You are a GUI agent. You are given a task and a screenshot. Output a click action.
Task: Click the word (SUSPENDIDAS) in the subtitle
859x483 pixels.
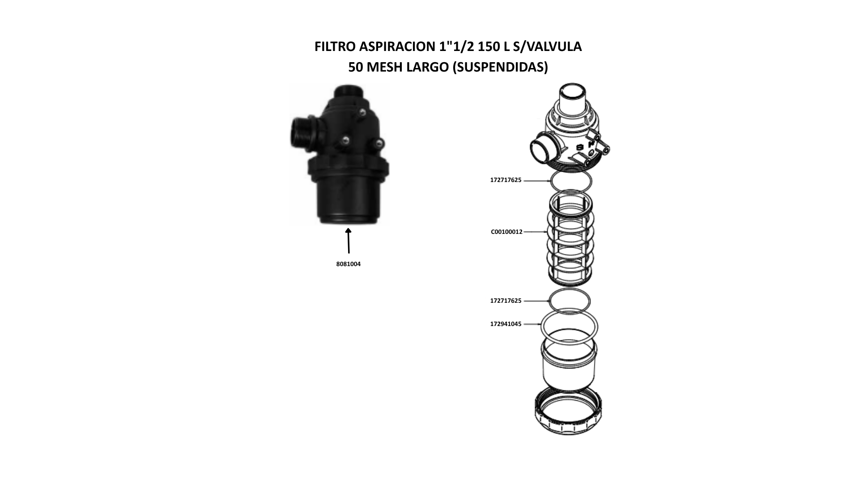[500, 67]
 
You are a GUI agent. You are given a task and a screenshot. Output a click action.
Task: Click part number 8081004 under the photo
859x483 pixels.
[349, 264]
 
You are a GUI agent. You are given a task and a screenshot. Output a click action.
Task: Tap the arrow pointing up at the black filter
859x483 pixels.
[349, 241]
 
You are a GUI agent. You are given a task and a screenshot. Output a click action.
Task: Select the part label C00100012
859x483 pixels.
[506, 232]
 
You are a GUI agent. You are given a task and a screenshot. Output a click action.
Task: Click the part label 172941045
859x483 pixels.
[506, 324]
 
